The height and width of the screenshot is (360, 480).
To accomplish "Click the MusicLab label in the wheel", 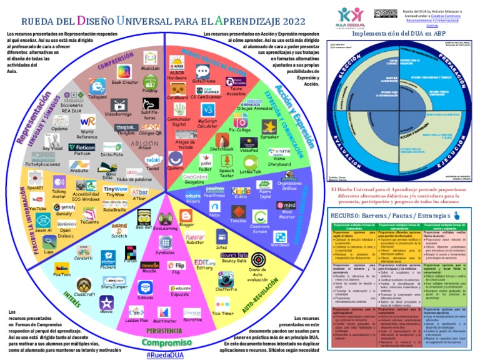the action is (x=151, y=67).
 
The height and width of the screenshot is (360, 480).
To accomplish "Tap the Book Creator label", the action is (x=125, y=82).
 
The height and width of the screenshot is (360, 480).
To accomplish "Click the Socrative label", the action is (x=192, y=320).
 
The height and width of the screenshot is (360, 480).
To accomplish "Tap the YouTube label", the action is (x=37, y=207).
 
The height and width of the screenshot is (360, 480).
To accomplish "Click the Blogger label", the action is (x=186, y=224).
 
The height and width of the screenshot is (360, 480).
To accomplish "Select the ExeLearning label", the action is (x=165, y=229).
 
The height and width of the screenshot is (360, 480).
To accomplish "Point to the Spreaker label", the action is (x=269, y=136).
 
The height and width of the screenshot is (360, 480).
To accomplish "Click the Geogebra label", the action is (x=194, y=183).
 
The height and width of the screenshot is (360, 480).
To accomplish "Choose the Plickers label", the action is (x=108, y=266).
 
